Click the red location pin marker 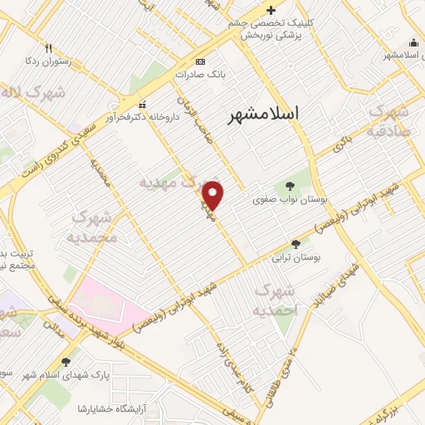coord(213,195)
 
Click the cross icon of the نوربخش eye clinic coord(271,10)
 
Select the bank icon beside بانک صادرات coord(199,61)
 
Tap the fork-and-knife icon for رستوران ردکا coord(49,48)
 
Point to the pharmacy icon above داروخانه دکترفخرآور coord(143,105)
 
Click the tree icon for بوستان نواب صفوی coord(290,186)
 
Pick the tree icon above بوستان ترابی coord(296,243)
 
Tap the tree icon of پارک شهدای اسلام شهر coord(65,362)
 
